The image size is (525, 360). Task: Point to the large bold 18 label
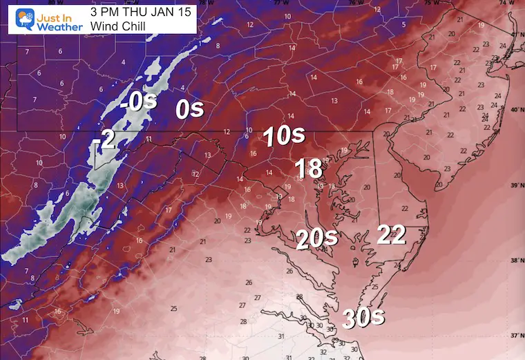point(307,168)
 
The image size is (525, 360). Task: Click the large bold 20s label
point(316,238)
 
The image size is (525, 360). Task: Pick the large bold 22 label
point(391,235)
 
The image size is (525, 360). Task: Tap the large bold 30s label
point(364,319)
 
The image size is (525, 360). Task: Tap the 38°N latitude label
point(515,260)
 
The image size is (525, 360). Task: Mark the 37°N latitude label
point(515,334)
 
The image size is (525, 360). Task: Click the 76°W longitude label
point(354,3)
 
